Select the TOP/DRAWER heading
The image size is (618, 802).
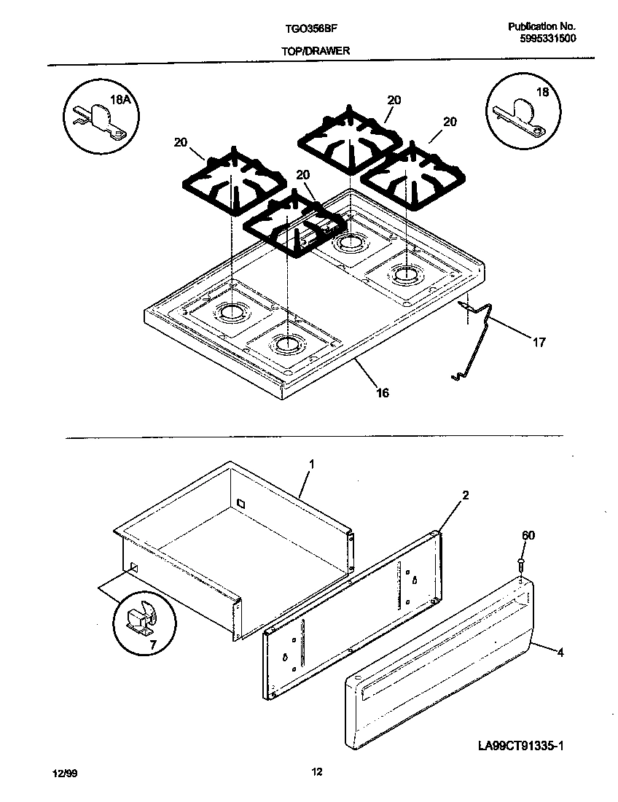point(316,51)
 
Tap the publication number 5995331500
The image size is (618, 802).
point(547,39)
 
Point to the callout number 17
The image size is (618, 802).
point(538,341)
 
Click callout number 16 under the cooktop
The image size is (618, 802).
point(382,393)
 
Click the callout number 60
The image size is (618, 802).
point(528,536)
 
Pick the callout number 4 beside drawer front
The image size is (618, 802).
point(560,653)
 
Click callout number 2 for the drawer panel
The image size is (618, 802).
point(465,496)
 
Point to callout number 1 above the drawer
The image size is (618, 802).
point(311,463)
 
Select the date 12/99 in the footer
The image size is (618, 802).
point(63,773)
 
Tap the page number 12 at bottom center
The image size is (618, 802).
point(316,772)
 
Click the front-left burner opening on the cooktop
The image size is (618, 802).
point(286,342)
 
